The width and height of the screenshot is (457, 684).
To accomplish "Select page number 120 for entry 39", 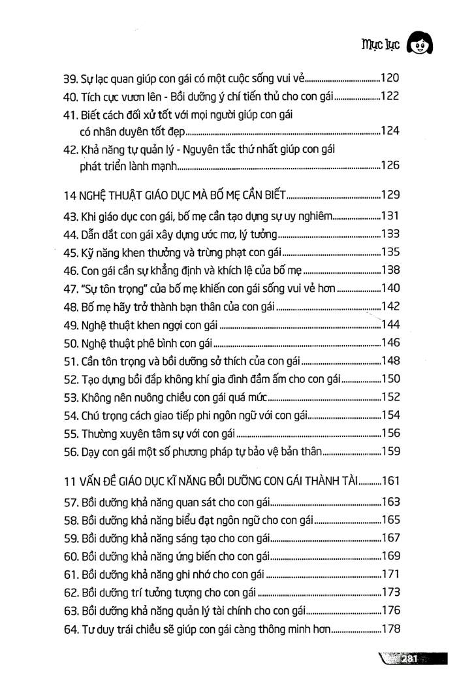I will pyautogui.click(x=390, y=78).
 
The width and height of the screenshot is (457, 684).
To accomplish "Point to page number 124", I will pyautogui.click(x=390, y=131).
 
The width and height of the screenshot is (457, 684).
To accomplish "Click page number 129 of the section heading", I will pyautogui.click(x=390, y=194).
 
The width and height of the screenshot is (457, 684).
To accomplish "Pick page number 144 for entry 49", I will pyautogui.click(x=390, y=324).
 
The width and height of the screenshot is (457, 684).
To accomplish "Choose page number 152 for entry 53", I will pyautogui.click(x=390, y=396).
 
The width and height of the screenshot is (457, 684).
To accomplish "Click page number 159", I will pyautogui.click(x=390, y=450).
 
